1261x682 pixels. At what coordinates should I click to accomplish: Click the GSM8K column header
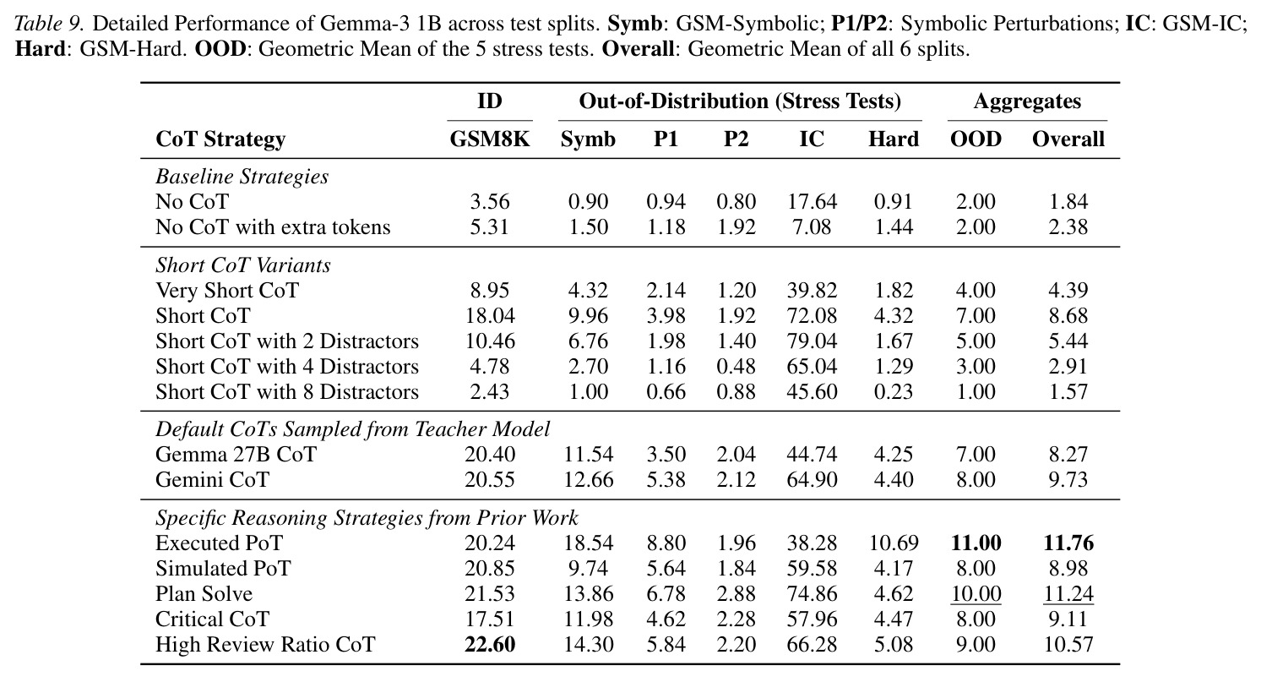(x=489, y=139)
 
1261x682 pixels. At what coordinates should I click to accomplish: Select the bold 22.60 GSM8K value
(x=490, y=644)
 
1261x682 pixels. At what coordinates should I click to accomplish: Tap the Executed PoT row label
(x=219, y=543)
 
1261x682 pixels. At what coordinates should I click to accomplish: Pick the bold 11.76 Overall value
(x=1068, y=543)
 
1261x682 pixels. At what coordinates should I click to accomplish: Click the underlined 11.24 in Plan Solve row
(x=1068, y=593)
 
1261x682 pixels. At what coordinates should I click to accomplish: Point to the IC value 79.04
(x=811, y=341)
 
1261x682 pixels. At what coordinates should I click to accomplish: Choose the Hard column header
(x=893, y=139)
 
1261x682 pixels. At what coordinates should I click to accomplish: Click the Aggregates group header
(x=1027, y=101)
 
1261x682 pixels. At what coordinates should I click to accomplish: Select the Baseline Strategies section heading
(x=242, y=177)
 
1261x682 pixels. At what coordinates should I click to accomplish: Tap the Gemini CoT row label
(x=212, y=480)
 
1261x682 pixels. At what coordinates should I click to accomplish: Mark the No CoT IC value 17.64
(x=811, y=202)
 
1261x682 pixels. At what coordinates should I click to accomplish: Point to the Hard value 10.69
(x=893, y=543)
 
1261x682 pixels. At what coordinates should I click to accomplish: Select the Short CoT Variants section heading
(x=243, y=265)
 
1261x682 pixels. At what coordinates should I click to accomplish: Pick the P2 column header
(x=736, y=139)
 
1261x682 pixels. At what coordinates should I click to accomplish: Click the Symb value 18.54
(x=589, y=543)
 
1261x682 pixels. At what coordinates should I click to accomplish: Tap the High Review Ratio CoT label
(x=265, y=644)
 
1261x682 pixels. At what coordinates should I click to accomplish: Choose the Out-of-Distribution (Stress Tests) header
(x=740, y=101)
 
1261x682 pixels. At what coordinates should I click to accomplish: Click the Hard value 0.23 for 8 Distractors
(x=893, y=391)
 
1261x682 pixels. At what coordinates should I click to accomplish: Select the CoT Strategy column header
(x=220, y=139)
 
